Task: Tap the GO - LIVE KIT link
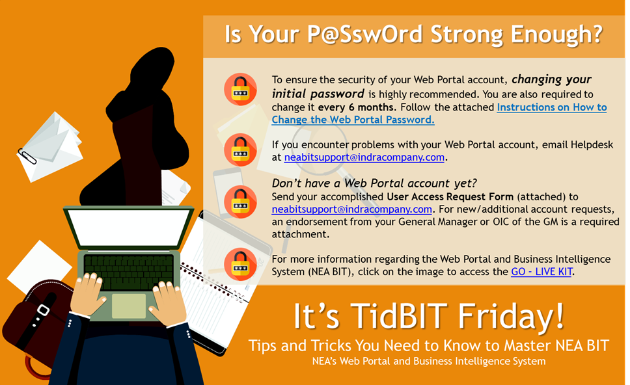coord(541,272)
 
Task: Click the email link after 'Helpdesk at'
coord(364,157)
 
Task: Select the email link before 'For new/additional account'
coord(351,209)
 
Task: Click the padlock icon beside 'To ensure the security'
coord(240,89)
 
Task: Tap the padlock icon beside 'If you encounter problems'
coord(240,150)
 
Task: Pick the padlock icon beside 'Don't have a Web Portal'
coord(240,202)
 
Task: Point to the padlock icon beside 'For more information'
coord(240,264)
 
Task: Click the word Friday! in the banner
coord(512,317)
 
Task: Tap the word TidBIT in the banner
coord(399,317)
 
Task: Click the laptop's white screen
coord(129,227)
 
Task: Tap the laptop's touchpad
coord(129,306)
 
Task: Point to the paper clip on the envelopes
coord(27,157)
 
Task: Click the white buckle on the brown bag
coord(43,310)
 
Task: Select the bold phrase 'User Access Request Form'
coord(450,196)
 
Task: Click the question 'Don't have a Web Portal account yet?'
coord(374,183)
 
